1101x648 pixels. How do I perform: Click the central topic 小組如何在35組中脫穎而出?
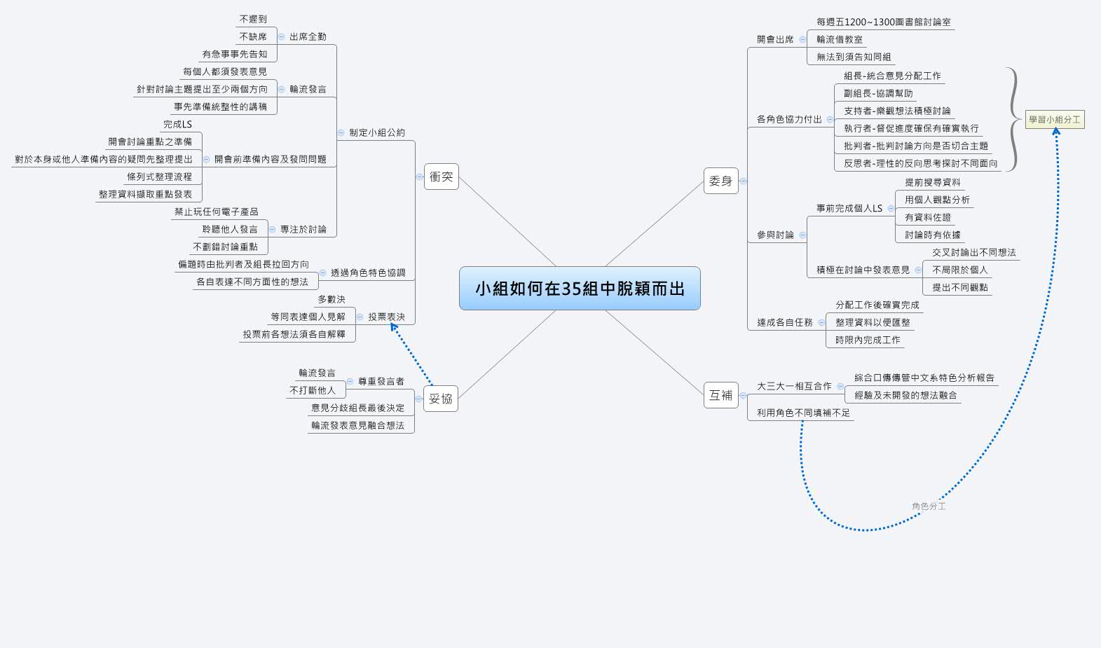[580, 288]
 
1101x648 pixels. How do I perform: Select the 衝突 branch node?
[442, 177]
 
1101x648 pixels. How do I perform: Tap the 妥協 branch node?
[441, 399]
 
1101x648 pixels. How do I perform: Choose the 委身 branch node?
[720, 181]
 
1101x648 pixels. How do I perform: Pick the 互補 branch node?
[720, 395]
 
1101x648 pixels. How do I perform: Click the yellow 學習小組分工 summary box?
[1055, 120]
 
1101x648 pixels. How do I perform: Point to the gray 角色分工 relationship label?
[929, 506]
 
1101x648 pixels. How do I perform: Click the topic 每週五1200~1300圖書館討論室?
[883, 22]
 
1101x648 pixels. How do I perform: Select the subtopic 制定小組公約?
[377, 132]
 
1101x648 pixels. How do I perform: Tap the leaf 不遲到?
[253, 19]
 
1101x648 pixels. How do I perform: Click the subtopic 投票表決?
[386, 317]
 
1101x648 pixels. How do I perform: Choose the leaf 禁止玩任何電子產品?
[216, 212]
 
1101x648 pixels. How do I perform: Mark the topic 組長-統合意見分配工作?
[892, 76]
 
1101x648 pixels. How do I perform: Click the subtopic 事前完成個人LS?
[849, 208]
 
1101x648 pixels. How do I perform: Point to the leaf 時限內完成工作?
[868, 340]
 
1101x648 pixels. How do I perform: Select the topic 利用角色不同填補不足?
[803, 413]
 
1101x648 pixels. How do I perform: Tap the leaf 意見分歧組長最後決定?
[357, 408]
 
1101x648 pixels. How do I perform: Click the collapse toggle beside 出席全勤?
[282, 36]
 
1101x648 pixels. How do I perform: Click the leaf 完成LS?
[177, 124]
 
